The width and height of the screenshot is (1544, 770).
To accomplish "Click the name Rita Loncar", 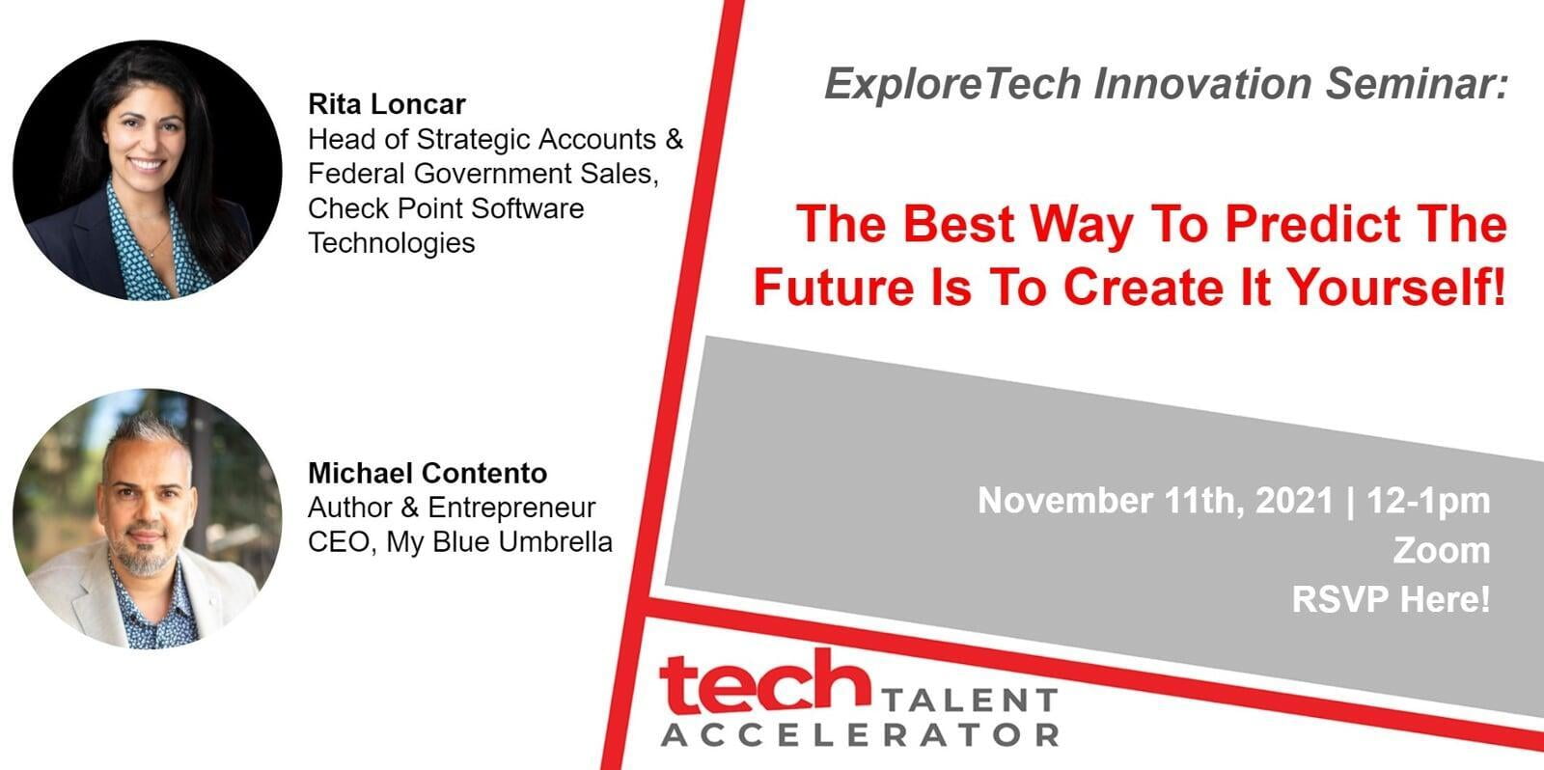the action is tap(387, 104).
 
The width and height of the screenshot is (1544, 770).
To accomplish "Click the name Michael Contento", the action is tap(427, 473).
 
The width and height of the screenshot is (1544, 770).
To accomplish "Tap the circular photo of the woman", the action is tap(147, 170).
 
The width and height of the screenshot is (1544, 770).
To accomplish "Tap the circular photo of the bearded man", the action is tap(147, 518).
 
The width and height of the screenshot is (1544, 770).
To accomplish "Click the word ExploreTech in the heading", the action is tap(953, 84).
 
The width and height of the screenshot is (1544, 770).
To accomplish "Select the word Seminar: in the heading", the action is tap(1418, 83).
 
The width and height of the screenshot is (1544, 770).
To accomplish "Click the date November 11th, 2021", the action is tap(1155, 501).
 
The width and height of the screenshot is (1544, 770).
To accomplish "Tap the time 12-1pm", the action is tap(1428, 502).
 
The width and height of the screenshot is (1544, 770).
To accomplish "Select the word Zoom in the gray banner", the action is tap(1442, 550).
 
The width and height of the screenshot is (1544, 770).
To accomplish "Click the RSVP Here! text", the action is tap(1391, 598).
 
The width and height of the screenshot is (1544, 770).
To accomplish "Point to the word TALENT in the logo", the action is tap(969, 701).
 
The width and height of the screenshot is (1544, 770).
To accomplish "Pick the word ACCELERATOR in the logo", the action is tap(860, 735).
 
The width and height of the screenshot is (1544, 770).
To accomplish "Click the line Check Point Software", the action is tap(446, 208).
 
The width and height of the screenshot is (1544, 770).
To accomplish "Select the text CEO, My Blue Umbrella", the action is tap(459, 542).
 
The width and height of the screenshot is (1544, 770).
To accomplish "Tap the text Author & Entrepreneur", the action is tap(452, 509).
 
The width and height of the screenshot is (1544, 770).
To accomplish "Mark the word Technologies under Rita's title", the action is tap(392, 243).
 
